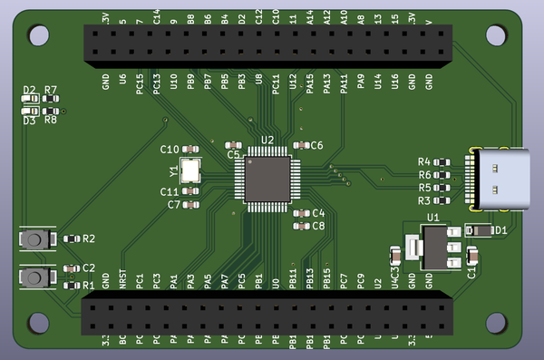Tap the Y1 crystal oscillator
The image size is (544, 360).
[190, 170]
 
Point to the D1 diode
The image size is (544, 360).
[481, 230]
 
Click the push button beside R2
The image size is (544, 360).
[35, 238]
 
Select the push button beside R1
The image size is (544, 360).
[35, 277]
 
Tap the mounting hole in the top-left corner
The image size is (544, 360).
[39, 34]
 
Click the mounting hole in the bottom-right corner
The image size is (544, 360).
[496, 322]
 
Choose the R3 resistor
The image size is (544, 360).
[442, 200]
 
